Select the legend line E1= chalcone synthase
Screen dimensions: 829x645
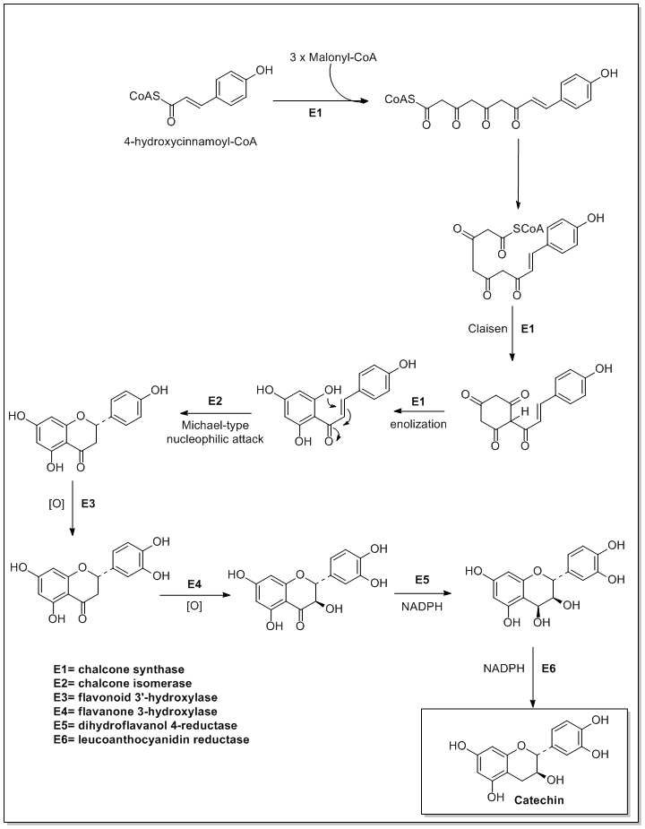point(112,670)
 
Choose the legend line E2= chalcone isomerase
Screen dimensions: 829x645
point(114,684)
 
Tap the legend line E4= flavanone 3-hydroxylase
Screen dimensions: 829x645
point(124,712)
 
